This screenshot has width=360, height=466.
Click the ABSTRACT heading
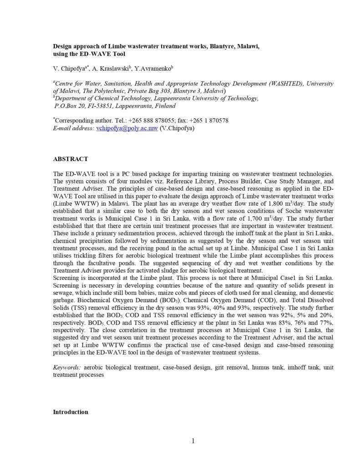(70, 159)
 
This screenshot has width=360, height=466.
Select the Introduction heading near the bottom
(71, 412)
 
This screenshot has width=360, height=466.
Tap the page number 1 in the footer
(193, 441)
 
